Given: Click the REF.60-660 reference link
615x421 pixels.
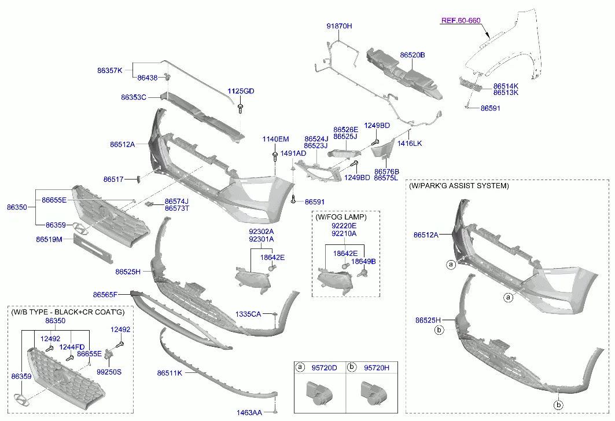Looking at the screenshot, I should pos(461,20).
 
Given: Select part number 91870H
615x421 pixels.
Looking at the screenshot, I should pos(339,26).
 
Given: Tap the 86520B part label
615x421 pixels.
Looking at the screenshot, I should pos(413,55).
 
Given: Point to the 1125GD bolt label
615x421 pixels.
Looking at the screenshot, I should pos(241,91).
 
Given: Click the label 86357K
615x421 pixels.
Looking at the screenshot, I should pos(110,70).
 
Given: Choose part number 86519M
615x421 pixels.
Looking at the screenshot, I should pos(49,239).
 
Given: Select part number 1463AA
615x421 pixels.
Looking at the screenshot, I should pos(249,412).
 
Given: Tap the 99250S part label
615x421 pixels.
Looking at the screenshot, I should pos(109,372).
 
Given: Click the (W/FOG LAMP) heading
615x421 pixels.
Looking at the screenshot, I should pos(341,217).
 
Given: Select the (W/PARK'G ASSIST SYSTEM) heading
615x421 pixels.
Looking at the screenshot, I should pos(459,186).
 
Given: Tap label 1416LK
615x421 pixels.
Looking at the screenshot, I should pos(409,143).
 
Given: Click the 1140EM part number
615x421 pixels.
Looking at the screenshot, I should pos(275,139).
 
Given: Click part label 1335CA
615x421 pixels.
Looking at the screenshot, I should pos(248,314).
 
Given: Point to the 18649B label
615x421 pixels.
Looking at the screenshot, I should pos(363,261).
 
